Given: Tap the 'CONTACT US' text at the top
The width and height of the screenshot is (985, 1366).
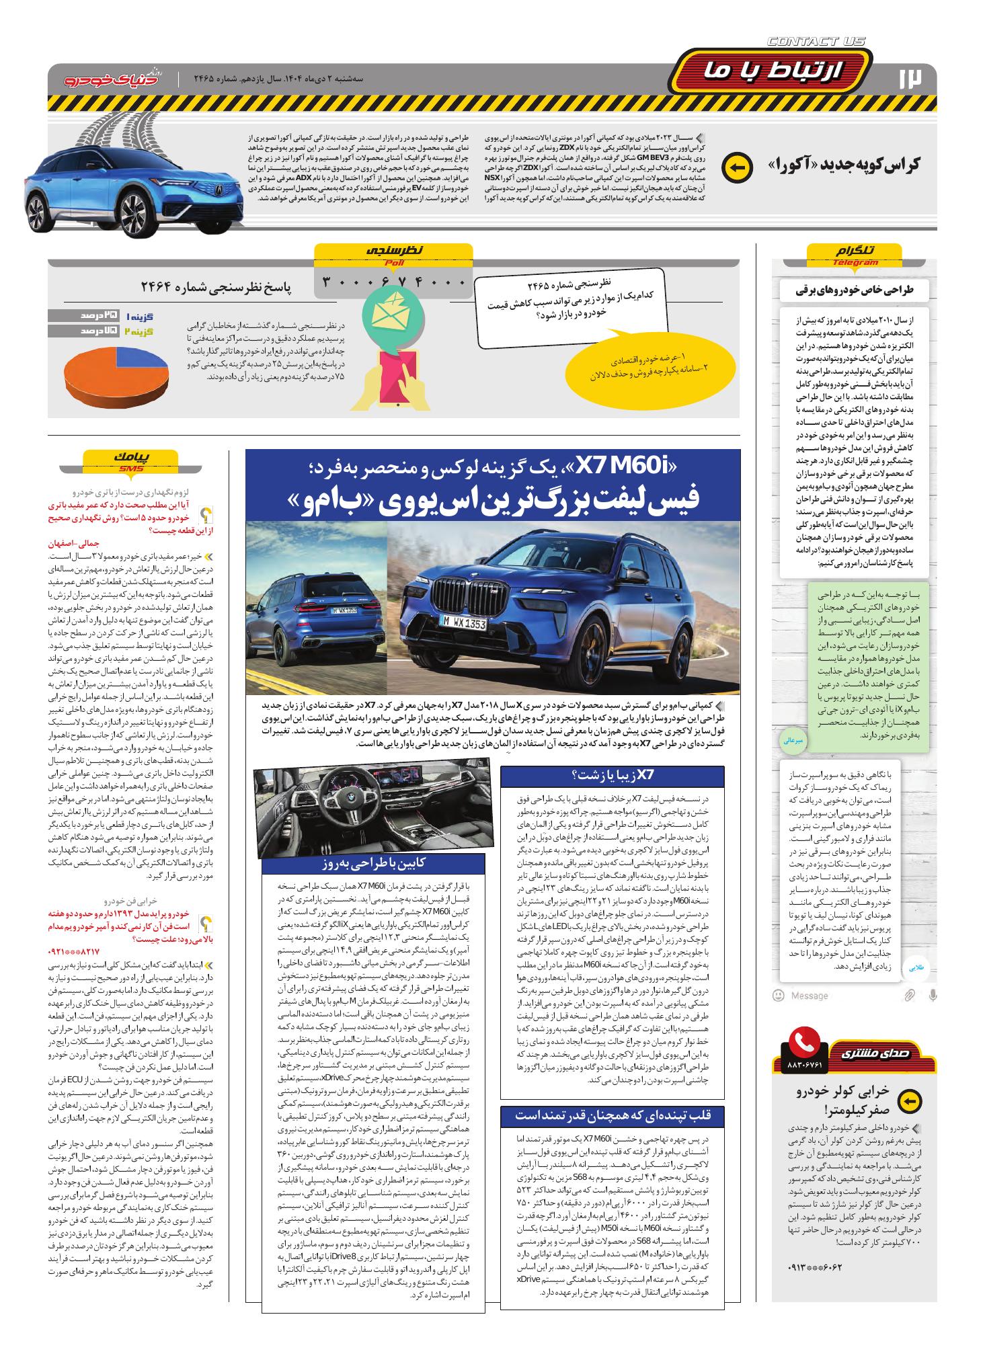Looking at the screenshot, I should click(x=816, y=42).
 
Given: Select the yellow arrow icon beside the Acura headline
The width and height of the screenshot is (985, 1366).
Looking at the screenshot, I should click(x=736, y=169).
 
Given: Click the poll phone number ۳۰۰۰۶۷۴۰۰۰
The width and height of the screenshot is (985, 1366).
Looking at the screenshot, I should click(x=393, y=282).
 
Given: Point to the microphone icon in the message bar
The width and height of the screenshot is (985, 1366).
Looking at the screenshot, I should click(x=932, y=995).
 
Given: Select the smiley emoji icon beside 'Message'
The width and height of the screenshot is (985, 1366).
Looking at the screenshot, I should click(x=779, y=995).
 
